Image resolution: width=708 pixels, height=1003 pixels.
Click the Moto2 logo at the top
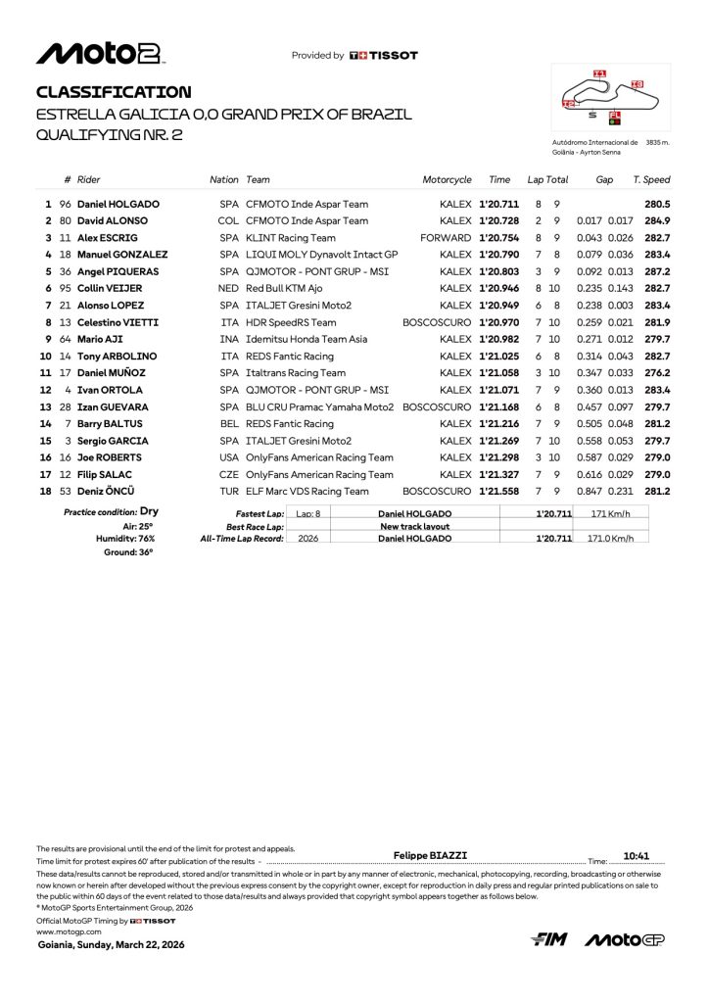point(100,54)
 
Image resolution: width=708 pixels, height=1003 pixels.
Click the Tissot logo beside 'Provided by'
point(384,56)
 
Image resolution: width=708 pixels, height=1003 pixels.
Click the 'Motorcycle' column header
point(447,180)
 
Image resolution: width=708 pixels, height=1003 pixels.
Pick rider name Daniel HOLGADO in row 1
point(118,204)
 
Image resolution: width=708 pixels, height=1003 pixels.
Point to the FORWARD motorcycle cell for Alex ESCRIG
point(446,238)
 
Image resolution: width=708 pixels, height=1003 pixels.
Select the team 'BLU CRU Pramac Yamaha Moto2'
point(320,406)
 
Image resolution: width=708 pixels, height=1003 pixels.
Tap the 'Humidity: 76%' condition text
point(126,539)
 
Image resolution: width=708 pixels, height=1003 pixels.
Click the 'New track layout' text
point(414,526)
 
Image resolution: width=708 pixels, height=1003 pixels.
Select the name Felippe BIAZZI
point(430,855)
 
